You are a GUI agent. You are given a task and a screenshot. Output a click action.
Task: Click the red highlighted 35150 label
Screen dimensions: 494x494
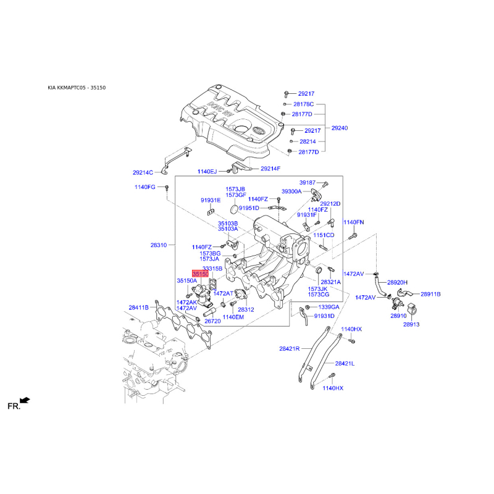pyautogui.click(x=200, y=274)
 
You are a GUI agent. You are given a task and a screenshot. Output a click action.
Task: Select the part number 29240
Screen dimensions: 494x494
pyautogui.click(x=339, y=128)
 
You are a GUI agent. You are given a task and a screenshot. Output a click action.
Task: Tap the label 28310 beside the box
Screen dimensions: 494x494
pyautogui.click(x=159, y=245)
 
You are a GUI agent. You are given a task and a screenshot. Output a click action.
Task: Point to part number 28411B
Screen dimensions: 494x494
pyautogui.click(x=138, y=307)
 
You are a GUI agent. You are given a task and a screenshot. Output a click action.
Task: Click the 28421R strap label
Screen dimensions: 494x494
pyautogui.click(x=289, y=348)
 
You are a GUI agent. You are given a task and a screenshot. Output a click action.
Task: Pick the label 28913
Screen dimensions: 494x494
pyautogui.click(x=411, y=324)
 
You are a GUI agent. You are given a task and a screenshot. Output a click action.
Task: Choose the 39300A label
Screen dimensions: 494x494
pyautogui.click(x=291, y=191)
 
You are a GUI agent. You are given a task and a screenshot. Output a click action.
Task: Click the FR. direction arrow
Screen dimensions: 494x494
pyautogui.click(x=25, y=400)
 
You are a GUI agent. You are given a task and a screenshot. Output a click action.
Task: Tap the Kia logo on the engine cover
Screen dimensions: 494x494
pyautogui.click(x=258, y=130)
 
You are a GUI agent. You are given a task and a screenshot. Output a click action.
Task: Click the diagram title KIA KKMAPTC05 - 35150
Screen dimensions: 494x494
pyautogui.click(x=77, y=88)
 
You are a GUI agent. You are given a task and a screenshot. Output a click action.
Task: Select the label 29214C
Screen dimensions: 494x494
pyautogui.click(x=143, y=172)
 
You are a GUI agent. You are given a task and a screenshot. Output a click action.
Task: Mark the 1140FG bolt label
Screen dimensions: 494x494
pyautogui.click(x=145, y=187)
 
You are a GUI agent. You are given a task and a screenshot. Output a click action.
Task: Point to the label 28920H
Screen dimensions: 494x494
pyautogui.click(x=397, y=282)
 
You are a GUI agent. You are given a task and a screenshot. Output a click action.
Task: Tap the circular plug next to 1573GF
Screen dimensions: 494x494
pyautogui.click(x=235, y=209)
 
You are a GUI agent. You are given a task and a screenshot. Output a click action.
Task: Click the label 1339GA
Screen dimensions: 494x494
pyautogui.click(x=329, y=307)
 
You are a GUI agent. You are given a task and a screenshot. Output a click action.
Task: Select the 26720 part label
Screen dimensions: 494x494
pyautogui.click(x=212, y=321)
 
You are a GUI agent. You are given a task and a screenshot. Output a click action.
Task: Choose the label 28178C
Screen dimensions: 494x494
pyautogui.click(x=303, y=104)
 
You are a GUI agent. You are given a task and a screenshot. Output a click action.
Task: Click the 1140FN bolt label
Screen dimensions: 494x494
pyautogui.click(x=353, y=222)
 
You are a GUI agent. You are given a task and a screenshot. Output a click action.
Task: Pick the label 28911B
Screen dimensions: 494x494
pyautogui.click(x=430, y=294)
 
